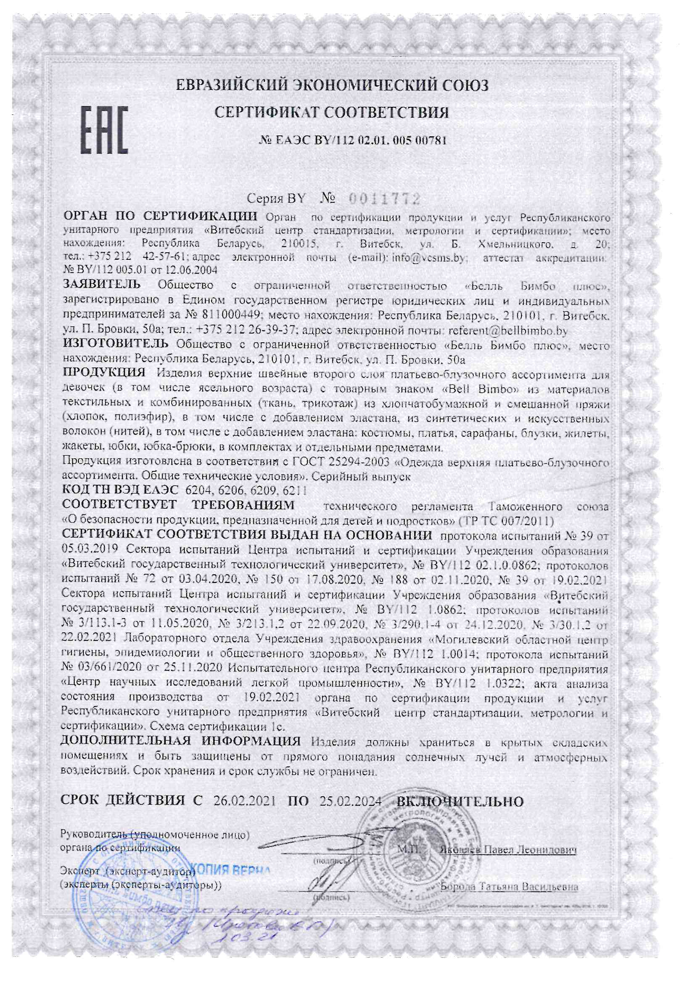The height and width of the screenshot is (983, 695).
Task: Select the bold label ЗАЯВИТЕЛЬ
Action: pos(101,284)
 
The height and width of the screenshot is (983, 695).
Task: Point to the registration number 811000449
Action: pos(229,314)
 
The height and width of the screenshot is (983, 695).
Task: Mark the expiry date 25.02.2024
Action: pos(350,801)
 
